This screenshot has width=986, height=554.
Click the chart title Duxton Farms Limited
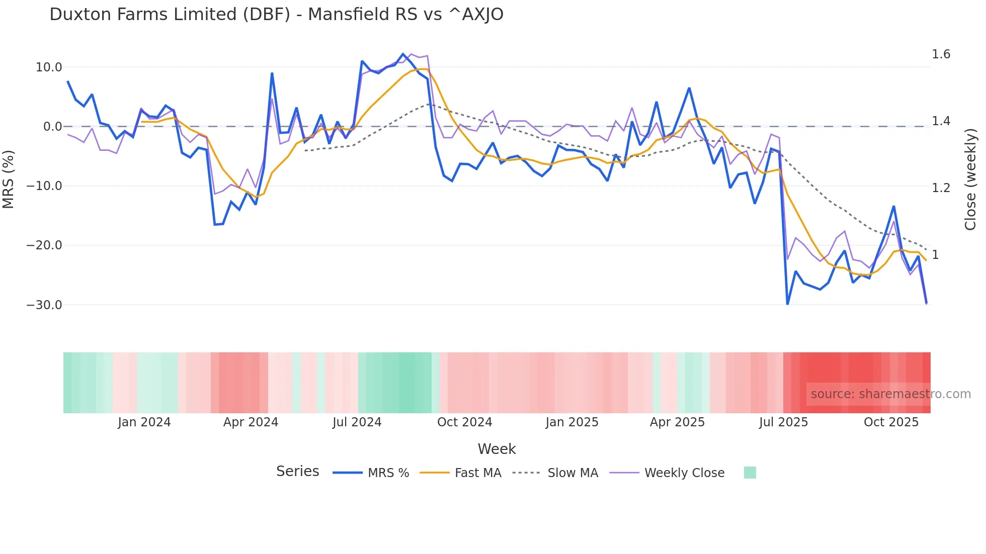pos(276,15)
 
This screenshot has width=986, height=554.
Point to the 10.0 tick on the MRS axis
pos(49,67)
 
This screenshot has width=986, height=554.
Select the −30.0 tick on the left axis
pos(44,305)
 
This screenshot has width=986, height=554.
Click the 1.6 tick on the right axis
pos(941,54)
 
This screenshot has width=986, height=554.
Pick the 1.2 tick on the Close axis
pos(941,188)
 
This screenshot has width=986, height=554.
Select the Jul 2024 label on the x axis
pos(357,422)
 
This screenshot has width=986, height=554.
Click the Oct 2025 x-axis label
pos(891,422)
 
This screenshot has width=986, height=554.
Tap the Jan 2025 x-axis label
pos(572,422)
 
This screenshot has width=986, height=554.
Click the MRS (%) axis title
pos(9,179)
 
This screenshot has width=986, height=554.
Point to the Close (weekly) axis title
pos(970,179)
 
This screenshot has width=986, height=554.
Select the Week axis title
pos(497,449)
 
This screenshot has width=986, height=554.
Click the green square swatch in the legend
pos(750,473)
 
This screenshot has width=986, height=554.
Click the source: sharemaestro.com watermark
pos(890,394)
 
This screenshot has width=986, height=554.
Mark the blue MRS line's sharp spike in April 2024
pos(272,73)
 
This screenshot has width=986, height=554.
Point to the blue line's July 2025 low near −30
pos(787,304)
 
